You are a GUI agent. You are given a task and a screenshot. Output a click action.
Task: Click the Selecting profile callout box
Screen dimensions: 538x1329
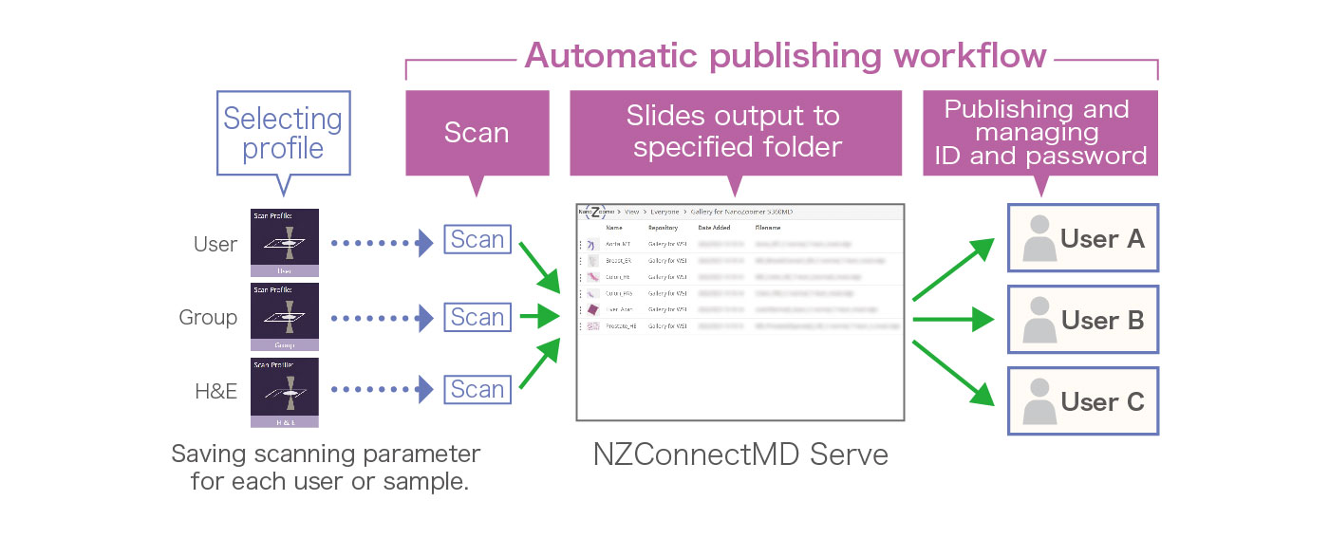[x=283, y=133]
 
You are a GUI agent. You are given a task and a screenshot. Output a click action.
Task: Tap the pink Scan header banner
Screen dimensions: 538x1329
[x=477, y=133]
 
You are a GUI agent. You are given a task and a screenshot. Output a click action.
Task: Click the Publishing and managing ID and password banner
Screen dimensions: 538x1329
[x=1040, y=133]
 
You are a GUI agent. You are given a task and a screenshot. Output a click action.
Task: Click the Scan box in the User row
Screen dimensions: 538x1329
[x=477, y=239]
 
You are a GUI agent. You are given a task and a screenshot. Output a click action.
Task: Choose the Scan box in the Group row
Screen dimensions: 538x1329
[x=477, y=317]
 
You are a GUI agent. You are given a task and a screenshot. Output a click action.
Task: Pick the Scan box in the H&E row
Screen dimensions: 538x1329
[x=477, y=389]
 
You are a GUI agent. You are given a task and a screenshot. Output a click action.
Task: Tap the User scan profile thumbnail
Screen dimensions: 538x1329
[x=284, y=243]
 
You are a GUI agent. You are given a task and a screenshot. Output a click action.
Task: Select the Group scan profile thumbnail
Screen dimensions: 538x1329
[x=284, y=317]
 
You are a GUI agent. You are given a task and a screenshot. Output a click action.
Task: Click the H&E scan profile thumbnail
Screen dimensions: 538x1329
[x=284, y=392]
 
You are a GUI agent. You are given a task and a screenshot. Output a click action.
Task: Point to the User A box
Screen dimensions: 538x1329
[x=1082, y=238]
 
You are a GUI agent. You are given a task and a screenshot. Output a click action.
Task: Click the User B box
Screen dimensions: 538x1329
[x=1082, y=320]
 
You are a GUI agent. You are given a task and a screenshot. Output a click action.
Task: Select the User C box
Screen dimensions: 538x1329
[x=1082, y=401]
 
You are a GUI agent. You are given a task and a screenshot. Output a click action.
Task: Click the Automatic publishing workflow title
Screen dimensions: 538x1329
[x=784, y=56]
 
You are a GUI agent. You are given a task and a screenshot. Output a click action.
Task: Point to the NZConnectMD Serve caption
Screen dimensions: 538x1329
[x=739, y=455]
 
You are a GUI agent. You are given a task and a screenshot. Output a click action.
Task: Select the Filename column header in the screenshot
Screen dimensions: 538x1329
[x=768, y=228]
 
